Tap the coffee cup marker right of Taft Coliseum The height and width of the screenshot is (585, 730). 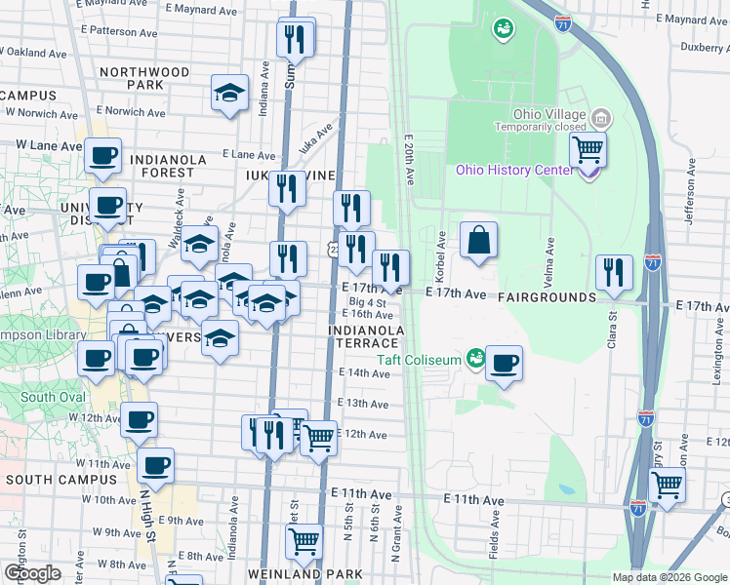click(x=504, y=364)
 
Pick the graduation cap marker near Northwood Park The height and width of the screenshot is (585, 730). click(x=230, y=94)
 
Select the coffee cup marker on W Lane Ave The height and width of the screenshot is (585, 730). click(x=102, y=155)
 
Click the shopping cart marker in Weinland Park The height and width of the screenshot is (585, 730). click(x=305, y=539)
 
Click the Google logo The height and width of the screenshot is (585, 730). click(x=32, y=572)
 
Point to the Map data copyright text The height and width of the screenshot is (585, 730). click(x=668, y=577)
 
